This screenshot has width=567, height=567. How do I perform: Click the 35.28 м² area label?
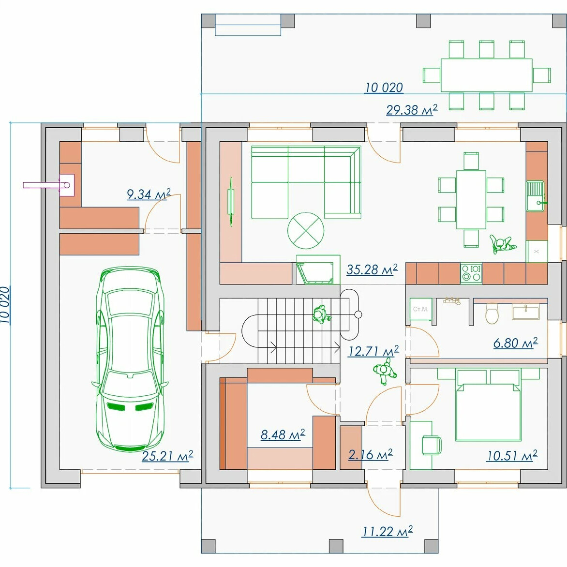(372, 269)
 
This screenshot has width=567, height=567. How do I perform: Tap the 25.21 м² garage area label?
(167, 456)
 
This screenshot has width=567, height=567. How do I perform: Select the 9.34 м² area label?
(148, 194)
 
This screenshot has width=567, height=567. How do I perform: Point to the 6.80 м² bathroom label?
(515, 343)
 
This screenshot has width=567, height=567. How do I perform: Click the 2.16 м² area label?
(370, 455)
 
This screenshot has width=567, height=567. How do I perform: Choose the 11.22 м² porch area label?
(388, 531)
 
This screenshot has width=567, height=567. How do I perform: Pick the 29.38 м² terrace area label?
(412, 109)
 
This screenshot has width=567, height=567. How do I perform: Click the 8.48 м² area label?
(283, 434)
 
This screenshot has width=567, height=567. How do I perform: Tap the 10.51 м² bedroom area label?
(512, 455)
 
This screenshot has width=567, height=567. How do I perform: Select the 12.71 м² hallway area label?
(373, 351)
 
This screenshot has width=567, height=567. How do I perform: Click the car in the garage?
(130, 358)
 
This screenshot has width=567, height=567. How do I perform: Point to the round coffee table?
(306, 230)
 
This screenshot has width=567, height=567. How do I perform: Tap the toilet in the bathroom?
(492, 313)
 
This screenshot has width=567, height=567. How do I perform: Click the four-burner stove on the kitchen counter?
(471, 273)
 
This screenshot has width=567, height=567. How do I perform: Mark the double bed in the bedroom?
(488, 405)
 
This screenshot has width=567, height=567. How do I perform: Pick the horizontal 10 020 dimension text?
(384, 87)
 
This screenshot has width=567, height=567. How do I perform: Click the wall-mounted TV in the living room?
(231, 202)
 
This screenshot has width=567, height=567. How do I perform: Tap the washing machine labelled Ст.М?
(421, 310)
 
